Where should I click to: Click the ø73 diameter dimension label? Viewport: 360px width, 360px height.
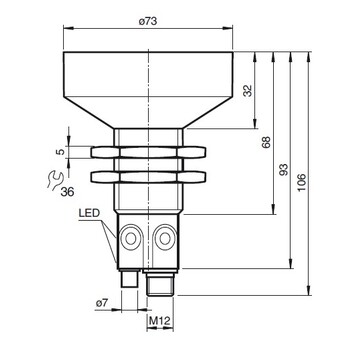pos(148,22)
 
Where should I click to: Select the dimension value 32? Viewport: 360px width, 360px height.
pos(248,90)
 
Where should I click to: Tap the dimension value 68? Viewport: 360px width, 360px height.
pos(266,142)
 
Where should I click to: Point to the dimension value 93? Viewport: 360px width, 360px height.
pos(284,170)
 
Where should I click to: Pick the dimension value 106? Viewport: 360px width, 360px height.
pos(302,182)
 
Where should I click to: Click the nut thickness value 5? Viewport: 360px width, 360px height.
pos(60,152)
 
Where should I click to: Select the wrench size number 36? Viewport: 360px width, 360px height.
pos(68,192)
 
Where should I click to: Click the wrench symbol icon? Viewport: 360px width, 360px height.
pos(55,180)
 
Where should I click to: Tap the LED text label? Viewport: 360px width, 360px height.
pos(89,213)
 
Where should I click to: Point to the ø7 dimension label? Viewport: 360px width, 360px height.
pos(102,303)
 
